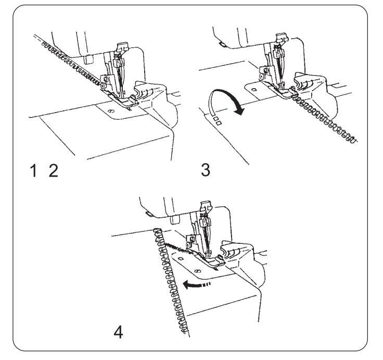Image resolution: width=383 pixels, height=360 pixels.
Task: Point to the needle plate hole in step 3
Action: (253, 90)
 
